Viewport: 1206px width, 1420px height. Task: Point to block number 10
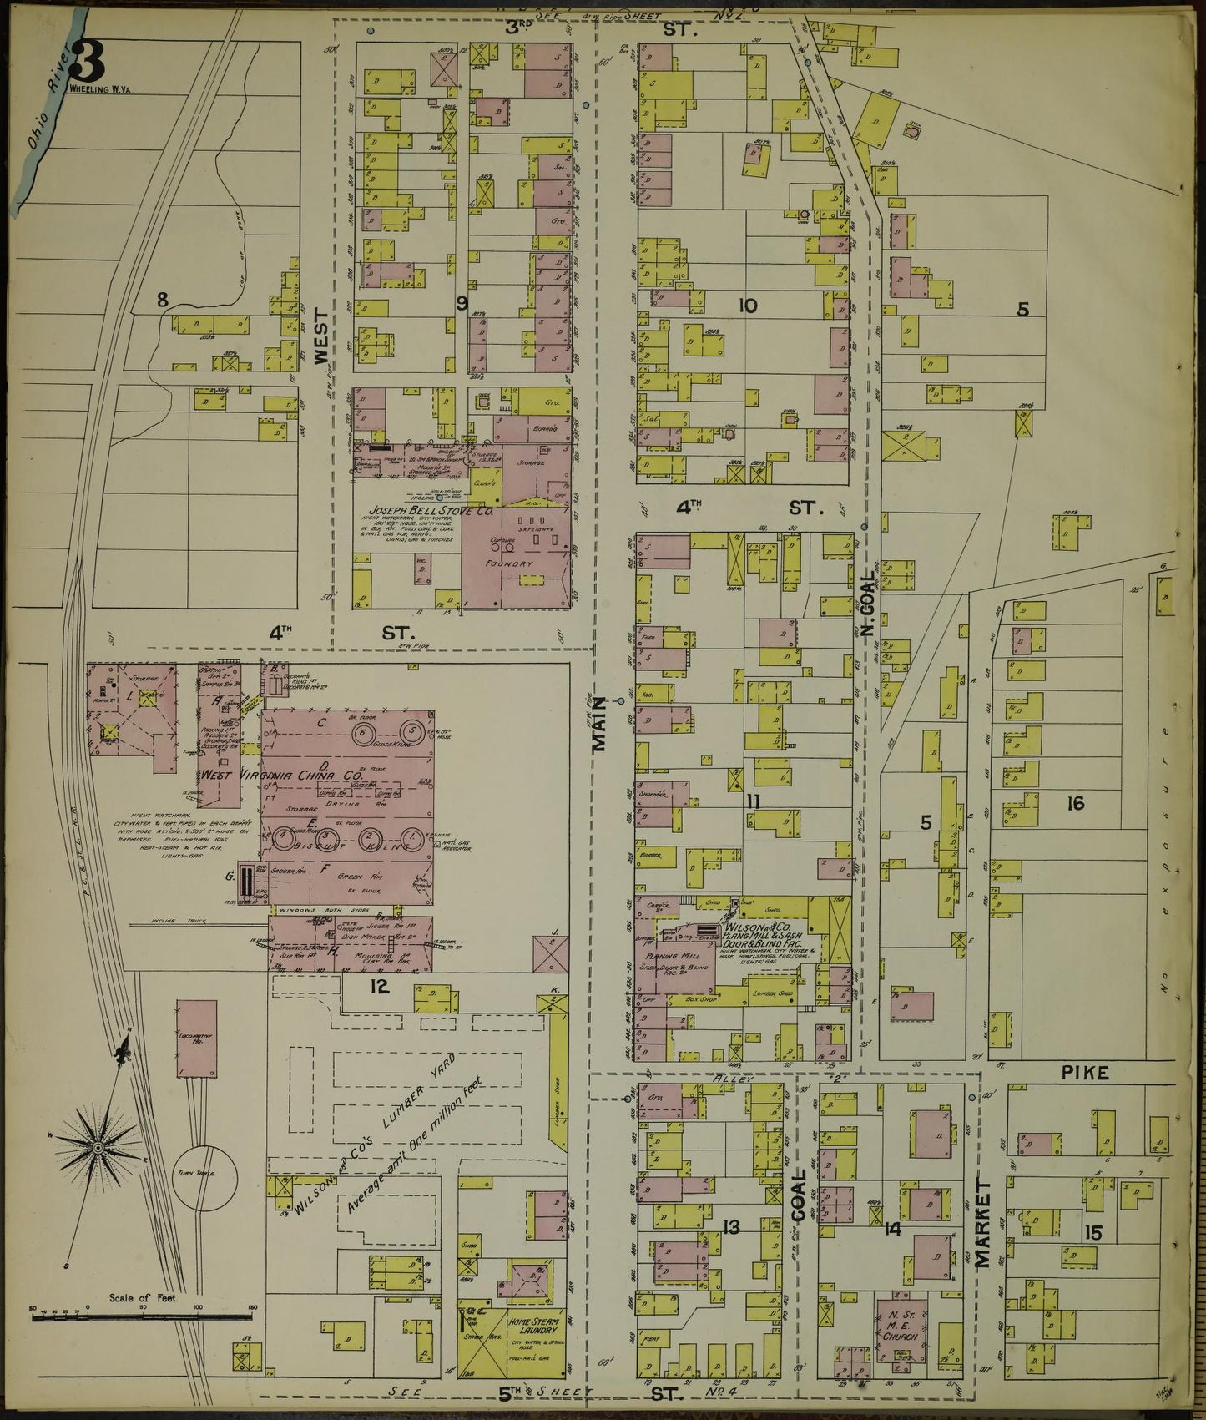pos(747,306)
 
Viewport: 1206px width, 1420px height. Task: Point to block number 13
pos(731,1227)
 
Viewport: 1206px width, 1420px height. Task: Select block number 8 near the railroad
pos(162,297)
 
